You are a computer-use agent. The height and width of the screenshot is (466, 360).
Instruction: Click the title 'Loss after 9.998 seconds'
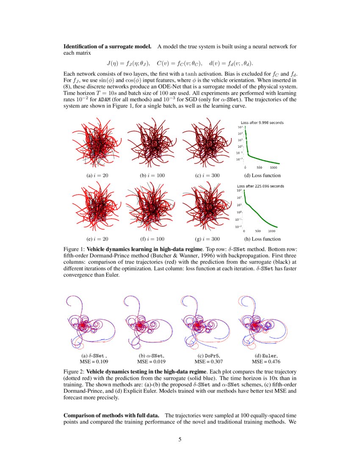tap(259, 123)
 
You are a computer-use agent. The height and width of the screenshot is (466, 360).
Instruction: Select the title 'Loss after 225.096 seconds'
tap(260, 186)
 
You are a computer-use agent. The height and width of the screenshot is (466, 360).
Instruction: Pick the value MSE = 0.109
tap(94, 362)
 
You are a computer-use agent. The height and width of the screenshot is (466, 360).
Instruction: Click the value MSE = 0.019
tap(151, 362)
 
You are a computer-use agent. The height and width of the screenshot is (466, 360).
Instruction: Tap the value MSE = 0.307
tap(208, 362)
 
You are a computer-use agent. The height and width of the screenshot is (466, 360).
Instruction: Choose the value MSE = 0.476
tap(266, 362)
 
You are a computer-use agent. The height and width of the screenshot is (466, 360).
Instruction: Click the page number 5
tap(180, 439)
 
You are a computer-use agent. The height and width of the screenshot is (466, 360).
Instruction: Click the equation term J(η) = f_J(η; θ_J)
tap(129, 64)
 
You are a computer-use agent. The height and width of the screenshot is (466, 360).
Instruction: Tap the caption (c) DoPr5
tap(208, 356)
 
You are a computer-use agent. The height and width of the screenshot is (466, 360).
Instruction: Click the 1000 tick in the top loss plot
tap(274, 167)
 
